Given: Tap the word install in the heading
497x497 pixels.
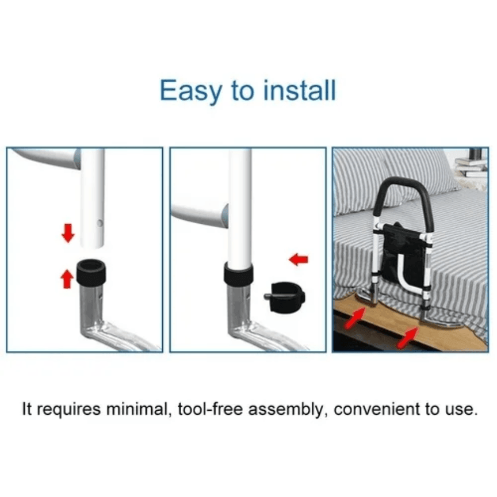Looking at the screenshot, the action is click(300, 90).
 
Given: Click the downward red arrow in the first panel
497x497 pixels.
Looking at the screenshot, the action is click(68, 233).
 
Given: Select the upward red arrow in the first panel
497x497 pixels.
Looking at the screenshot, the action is click(67, 278).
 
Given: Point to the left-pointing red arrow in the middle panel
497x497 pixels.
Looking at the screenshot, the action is click(299, 259).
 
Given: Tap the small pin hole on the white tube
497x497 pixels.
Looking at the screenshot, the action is click(100, 223).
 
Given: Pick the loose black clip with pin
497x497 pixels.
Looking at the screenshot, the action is click(285, 297).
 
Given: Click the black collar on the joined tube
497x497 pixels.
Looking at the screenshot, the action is click(238, 273).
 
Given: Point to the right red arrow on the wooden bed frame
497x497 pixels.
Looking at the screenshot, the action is click(408, 338).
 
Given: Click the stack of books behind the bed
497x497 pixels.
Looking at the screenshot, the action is click(471, 167).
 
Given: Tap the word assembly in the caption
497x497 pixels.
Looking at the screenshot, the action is click(288, 410).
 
